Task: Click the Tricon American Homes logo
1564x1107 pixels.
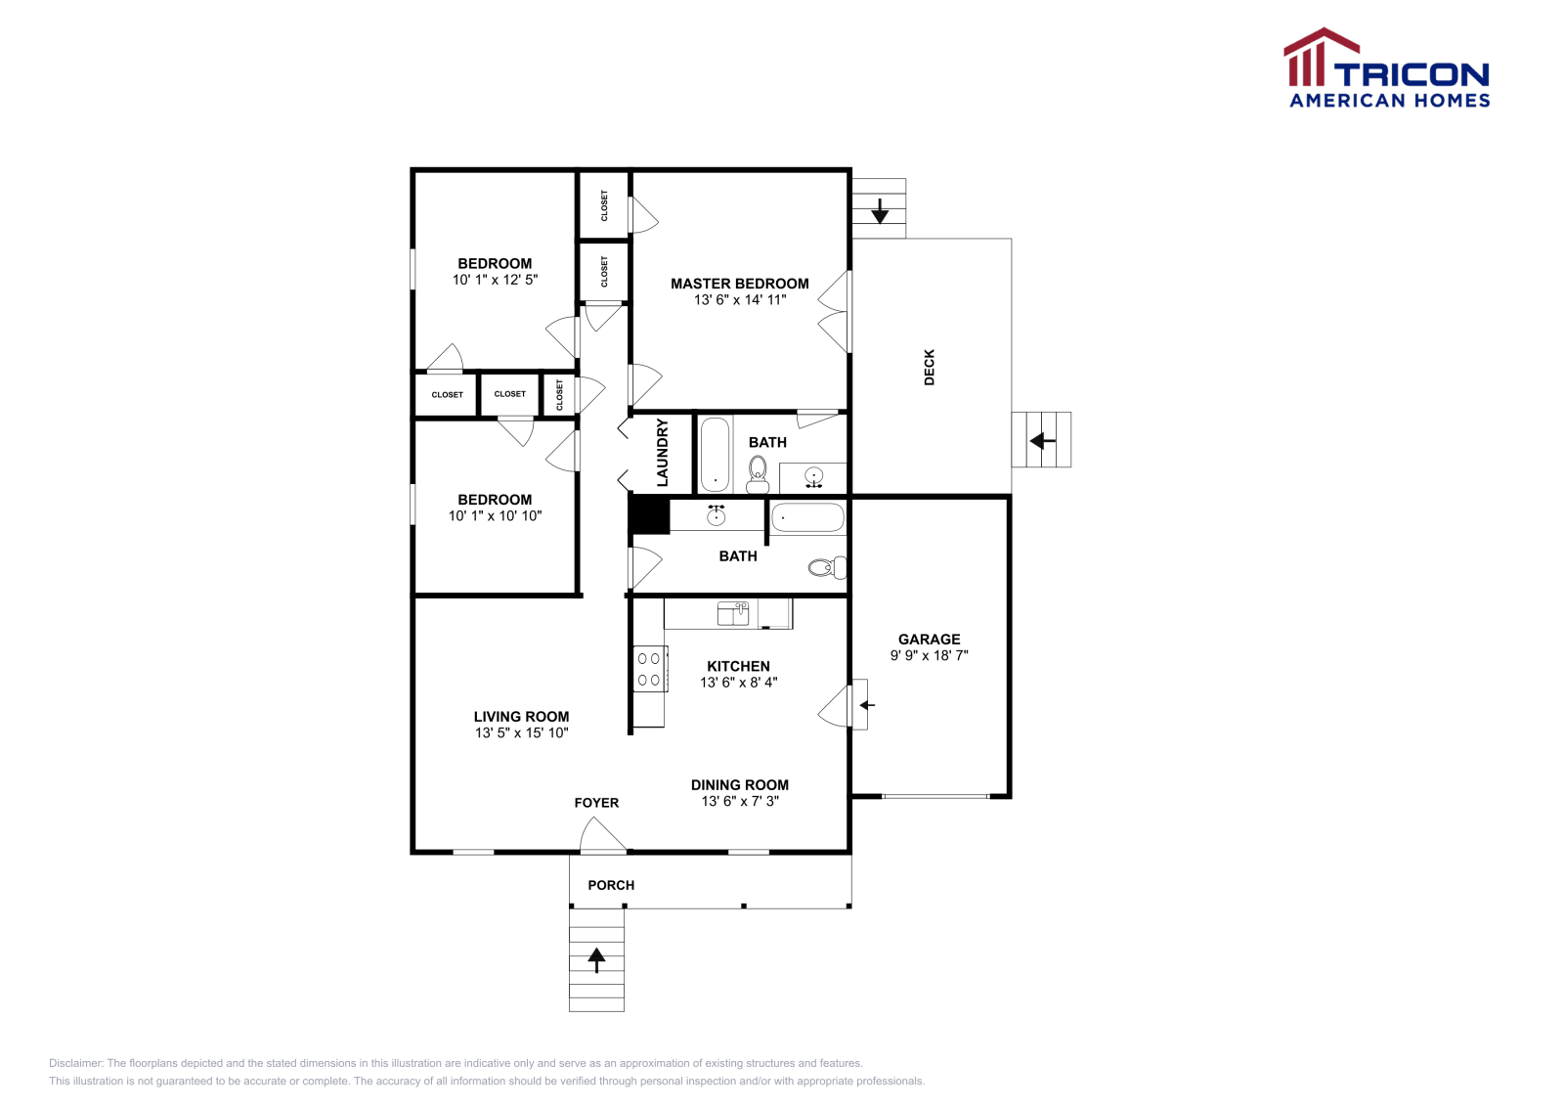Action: pyautogui.click(x=1386, y=68)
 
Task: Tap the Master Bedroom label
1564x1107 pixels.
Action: pyautogui.click(x=739, y=284)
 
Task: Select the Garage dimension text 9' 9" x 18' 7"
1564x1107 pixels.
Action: pyautogui.click(x=929, y=655)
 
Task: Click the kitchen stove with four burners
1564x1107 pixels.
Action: pyautogui.click(x=650, y=669)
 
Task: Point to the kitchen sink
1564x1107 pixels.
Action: pyautogui.click(x=733, y=613)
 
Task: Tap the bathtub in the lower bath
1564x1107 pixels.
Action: pyautogui.click(x=807, y=517)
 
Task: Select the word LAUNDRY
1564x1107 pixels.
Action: pyautogui.click(x=662, y=453)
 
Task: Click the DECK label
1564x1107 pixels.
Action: pyautogui.click(x=929, y=367)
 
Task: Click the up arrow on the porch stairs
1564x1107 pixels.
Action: pyautogui.click(x=596, y=959)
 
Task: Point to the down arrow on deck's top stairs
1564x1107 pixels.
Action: pyautogui.click(x=879, y=210)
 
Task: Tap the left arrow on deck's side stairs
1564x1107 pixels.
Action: pyautogui.click(x=1042, y=441)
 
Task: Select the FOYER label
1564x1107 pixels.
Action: pyautogui.click(x=596, y=803)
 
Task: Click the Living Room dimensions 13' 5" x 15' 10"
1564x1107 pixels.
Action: pyautogui.click(x=521, y=732)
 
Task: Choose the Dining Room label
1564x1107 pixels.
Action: pyautogui.click(x=739, y=784)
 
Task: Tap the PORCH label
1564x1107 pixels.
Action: pyautogui.click(x=611, y=885)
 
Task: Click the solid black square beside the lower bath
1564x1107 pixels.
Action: pyautogui.click(x=649, y=515)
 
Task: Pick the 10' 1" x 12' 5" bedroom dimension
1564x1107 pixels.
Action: pyautogui.click(x=495, y=280)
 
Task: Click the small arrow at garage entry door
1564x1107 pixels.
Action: pyautogui.click(x=866, y=704)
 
